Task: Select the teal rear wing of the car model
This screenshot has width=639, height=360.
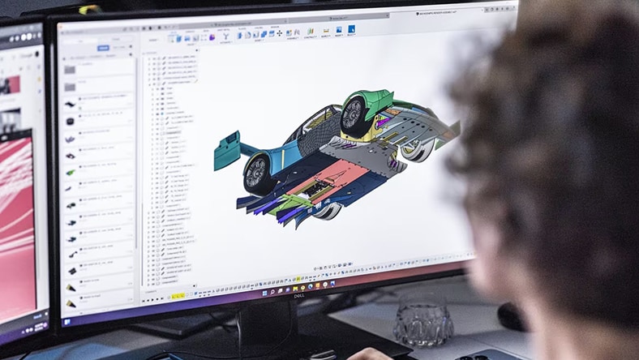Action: [229, 151]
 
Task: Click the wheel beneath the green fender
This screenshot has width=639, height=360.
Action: [354, 116]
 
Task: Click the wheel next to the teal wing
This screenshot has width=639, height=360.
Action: [257, 172]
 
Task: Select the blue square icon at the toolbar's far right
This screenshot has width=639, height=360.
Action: [352, 29]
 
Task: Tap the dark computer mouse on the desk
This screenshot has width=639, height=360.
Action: [509, 316]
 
